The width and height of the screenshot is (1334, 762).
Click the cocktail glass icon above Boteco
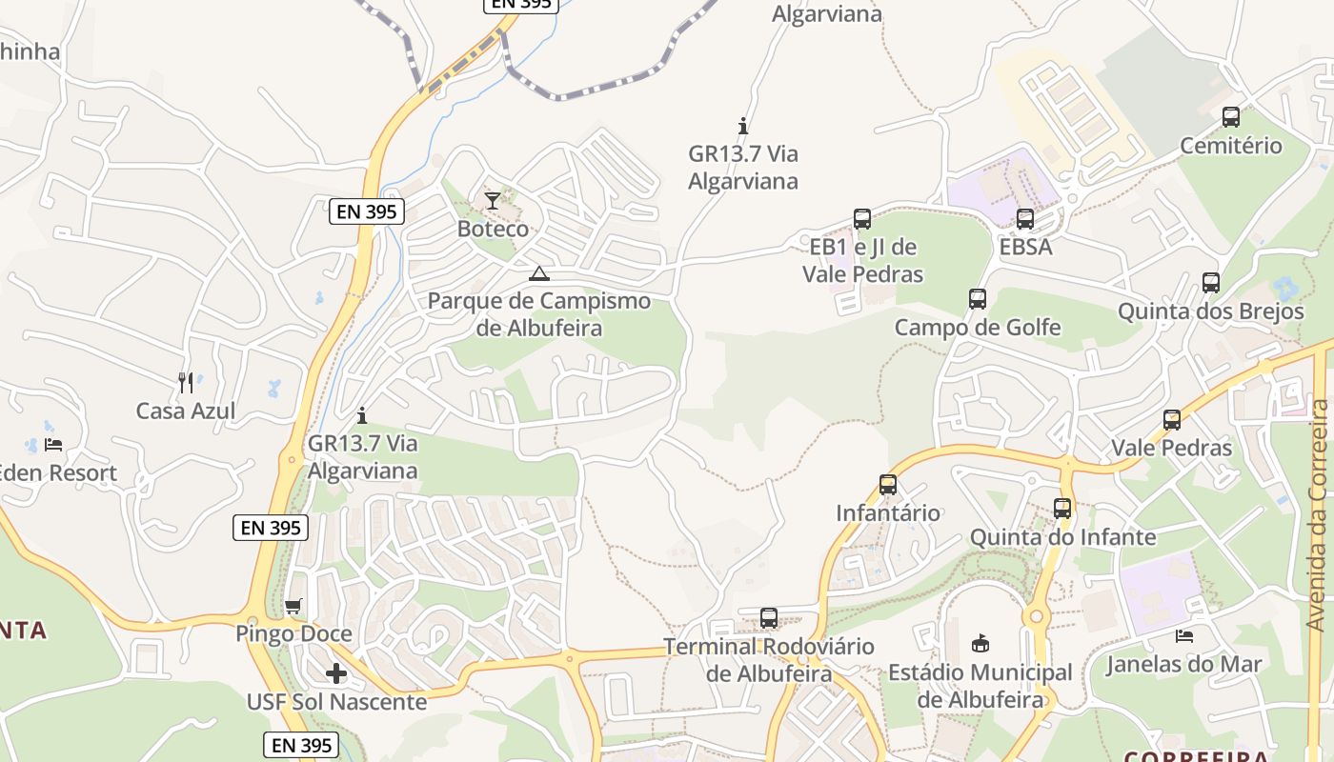point(492,200)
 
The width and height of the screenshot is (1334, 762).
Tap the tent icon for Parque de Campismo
point(539,274)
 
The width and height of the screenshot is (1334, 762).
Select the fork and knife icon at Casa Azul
point(186,383)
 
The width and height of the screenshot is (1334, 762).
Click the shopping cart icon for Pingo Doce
point(293,607)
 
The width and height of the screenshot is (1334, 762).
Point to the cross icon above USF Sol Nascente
point(336,673)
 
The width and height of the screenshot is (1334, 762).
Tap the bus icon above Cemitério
point(1231,117)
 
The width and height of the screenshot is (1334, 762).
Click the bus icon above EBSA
point(1025,219)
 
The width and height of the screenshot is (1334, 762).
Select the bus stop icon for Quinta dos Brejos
point(1210,283)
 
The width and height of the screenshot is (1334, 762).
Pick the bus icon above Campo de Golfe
point(978,299)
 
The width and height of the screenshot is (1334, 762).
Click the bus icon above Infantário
point(888,485)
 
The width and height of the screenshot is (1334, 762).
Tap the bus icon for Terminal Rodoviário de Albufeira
point(769,618)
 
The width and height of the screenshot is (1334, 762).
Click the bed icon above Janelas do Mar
point(1184,636)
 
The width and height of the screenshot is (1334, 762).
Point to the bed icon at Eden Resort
point(53,445)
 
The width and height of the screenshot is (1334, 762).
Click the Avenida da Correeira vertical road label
point(1317,514)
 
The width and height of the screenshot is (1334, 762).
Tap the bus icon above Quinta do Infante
point(1062,509)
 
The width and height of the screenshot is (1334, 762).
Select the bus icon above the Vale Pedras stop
point(1172,420)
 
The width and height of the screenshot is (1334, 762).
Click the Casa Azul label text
point(186,411)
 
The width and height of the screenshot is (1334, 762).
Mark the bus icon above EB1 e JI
point(862,219)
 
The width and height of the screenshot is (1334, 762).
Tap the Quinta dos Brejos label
point(1210,311)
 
